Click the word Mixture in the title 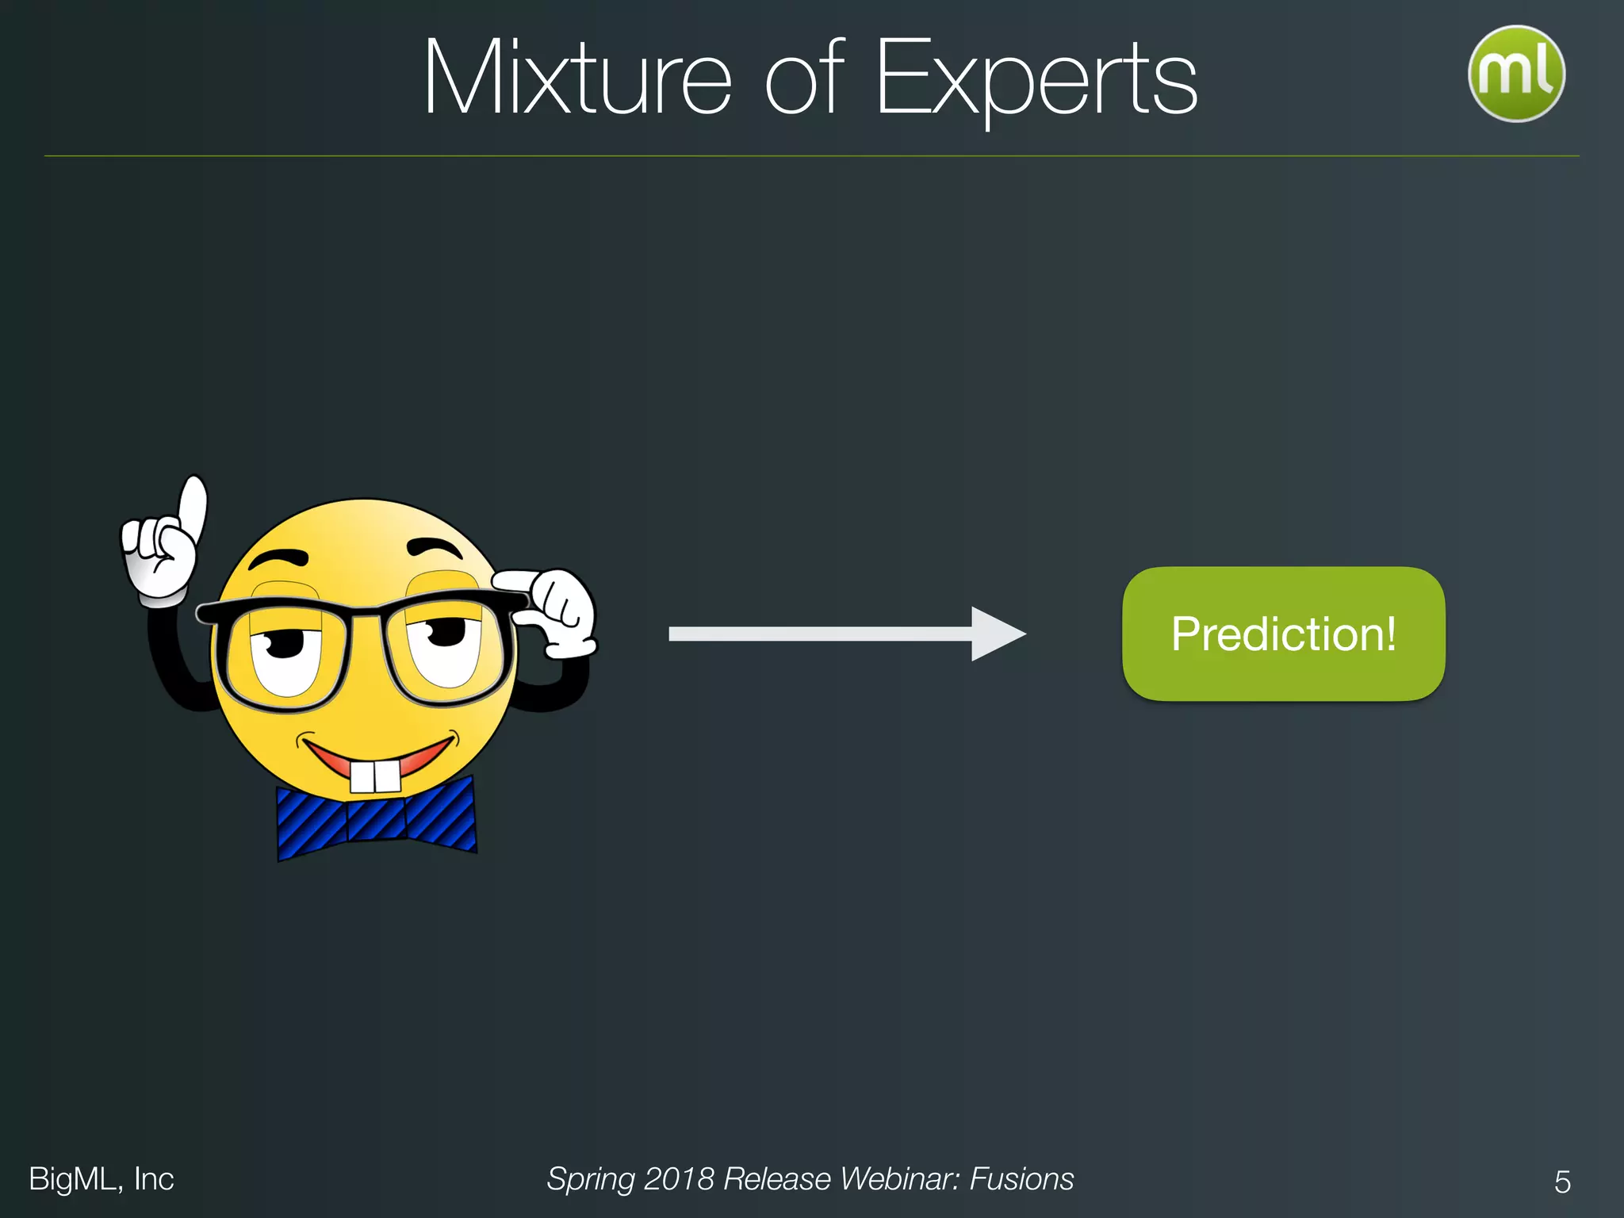576,78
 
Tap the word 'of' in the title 803,78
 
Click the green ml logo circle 1516,74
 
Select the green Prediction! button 1283,634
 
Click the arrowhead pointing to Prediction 998,634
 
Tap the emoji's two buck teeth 376,776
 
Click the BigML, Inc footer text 101,1179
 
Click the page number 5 1562,1182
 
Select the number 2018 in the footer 678,1179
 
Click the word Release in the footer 777,1179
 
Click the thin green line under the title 812,156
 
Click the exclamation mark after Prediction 1390,634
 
